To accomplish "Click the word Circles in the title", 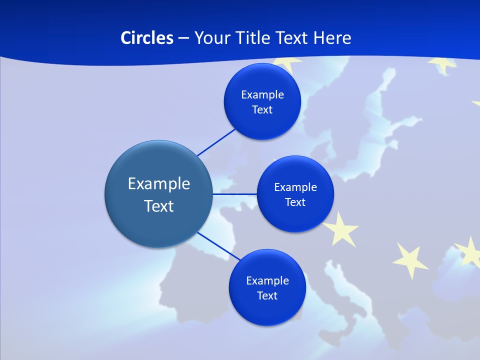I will (x=146, y=38).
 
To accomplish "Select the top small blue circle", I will (x=262, y=122).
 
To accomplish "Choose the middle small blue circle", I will (x=295, y=217).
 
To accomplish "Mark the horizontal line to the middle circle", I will (x=234, y=194).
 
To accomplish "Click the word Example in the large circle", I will (x=159, y=184).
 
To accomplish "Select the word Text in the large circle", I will (x=159, y=206).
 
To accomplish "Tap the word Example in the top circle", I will (x=262, y=95).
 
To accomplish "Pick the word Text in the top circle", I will (x=262, y=110).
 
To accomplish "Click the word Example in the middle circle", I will (x=295, y=187).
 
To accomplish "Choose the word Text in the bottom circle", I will (x=267, y=295).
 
